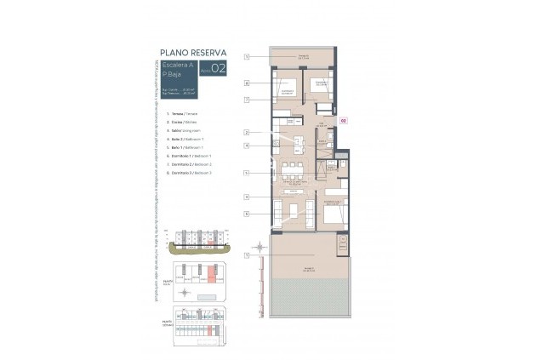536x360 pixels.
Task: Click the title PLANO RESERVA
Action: click(192, 52)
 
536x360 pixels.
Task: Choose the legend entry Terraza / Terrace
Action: click(180, 113)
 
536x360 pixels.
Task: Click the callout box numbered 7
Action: click(246, 100)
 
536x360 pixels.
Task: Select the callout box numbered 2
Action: click(246, 132)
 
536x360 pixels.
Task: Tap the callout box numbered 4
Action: click(246, 146)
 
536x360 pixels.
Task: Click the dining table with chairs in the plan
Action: click(293, 166)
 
